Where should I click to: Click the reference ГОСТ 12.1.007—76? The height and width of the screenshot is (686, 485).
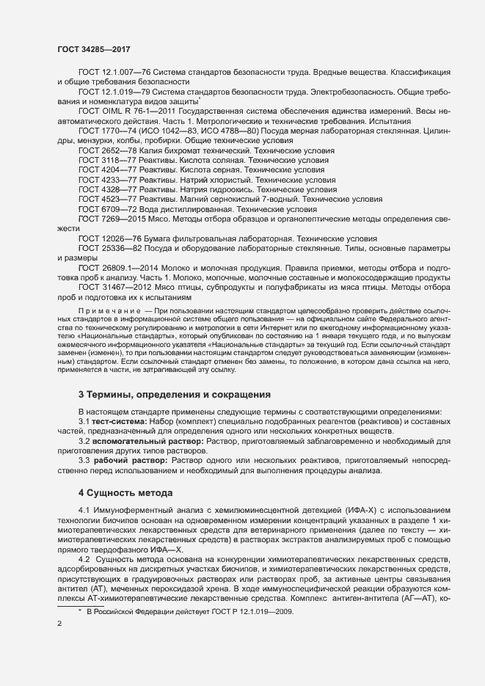click(x=109, y=73)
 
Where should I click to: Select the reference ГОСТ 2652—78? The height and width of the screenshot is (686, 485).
click(x=103, y=150)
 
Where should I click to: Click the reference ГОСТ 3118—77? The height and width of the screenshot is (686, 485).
click(x=103, y=160)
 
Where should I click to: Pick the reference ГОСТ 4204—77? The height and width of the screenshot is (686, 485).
click(x=103, y=169)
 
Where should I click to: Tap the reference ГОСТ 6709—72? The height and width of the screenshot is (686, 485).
click(x=103, y=208)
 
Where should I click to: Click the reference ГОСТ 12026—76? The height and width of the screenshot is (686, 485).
click(x=106, y=238)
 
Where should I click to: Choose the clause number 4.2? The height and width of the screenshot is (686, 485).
click(x=85, y=559)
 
